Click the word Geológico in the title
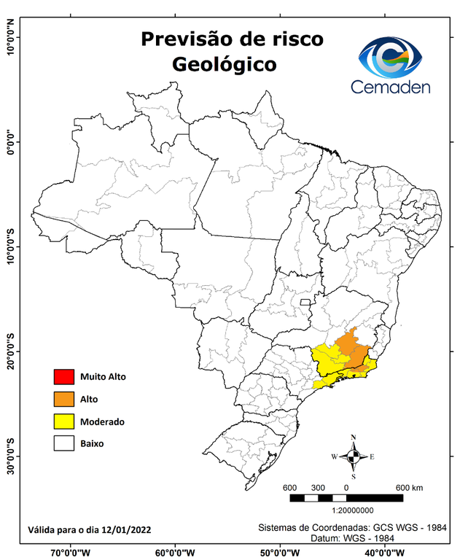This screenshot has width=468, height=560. pyautogui.click(x=224, y=64)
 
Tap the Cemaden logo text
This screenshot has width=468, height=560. pyautogui.click(x=390, y=87)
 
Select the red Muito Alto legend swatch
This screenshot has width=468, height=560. pyautogui.click(x=63, y=377)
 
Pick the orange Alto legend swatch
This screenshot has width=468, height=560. pyautogui.click(x=63, y=399)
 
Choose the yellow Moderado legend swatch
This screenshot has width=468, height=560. pyautogui.click(x=63, y=421)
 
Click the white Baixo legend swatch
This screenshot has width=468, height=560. pyautogui.click(x=63, y=443)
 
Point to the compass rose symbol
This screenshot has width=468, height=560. pyautogui.click(x=353, y=456)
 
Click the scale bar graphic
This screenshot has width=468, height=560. pyautogui.click(x=346, y=498)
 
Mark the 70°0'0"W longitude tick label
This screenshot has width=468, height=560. pyautogui.click(x=71, y=553)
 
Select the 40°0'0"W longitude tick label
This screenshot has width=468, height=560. pyautogui.click(x=381, y=553)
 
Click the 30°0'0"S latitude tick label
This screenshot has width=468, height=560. pyautogui.click(x=10, y=456)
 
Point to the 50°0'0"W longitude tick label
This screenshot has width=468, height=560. pyautogui.click(x=278, y=553)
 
